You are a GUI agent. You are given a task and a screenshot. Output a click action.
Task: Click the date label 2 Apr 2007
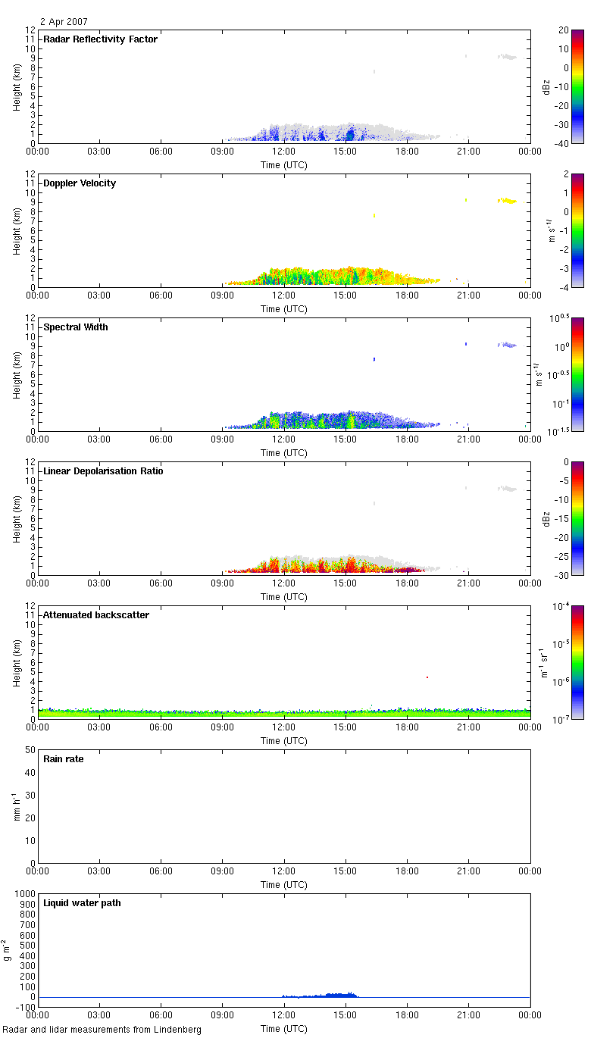65,22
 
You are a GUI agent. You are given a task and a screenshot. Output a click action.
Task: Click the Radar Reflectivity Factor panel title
101,39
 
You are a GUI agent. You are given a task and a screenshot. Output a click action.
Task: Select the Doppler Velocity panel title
80,183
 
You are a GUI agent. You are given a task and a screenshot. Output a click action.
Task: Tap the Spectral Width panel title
76,327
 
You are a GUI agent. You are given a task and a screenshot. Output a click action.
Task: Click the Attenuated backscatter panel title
96,615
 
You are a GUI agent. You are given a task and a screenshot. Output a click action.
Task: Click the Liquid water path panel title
82,903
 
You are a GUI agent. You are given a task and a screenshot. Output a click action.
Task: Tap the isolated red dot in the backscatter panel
427,677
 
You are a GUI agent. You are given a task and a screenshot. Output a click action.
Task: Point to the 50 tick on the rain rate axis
30,750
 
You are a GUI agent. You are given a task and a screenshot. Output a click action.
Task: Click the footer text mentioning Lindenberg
102,1030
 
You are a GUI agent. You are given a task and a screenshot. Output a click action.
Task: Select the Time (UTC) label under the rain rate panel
284,885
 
